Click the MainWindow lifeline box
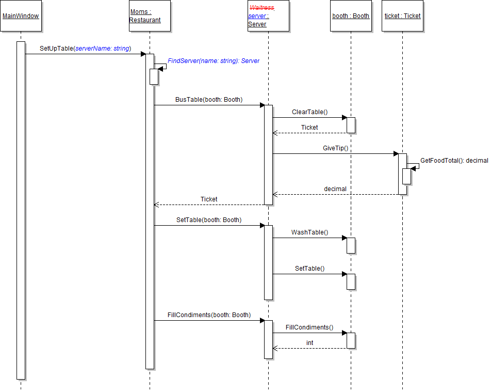[x=21, y=16]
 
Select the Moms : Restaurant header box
[x=150, y=16]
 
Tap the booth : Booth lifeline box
[x=351, y=16]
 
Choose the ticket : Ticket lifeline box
[x=402, y=16]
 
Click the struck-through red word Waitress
[x=262, y=8]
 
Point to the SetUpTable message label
[x=85, y=49]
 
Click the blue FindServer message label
[x=214, y=61]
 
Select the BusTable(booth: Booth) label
[x=209, y=100]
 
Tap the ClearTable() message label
[x=309, y=112]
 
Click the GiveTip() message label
[x=336, y=148]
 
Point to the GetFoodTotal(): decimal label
[x=454, y=161]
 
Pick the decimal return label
[x=335, y=189]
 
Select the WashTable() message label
[x=309, y=232]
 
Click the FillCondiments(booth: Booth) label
[x=209, y=315]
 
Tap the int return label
[x=309, y=343]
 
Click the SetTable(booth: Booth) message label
[x=209, y=220]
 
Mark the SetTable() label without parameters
[x=309, y=269]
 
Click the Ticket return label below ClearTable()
[x=309, y=128]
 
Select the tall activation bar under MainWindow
[x=21, y=207]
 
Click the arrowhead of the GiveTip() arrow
[x=396, y=153]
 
